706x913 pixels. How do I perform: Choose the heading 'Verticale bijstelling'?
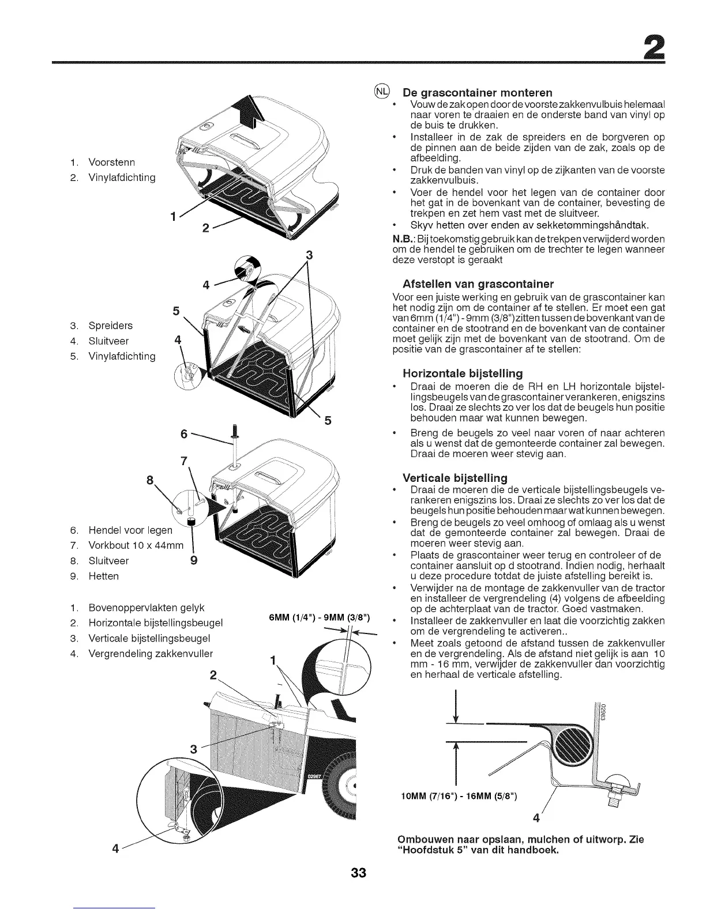tap(455, 478)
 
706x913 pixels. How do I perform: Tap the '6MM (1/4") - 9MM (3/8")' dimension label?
tap(320, 619)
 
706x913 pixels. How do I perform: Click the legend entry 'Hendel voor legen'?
tap(130, 530)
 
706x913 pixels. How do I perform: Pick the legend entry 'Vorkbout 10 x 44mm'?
tap(136, 545)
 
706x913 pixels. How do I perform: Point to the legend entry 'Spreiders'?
tap(110, 326)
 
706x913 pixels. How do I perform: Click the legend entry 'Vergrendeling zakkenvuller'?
tap(151, 654)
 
